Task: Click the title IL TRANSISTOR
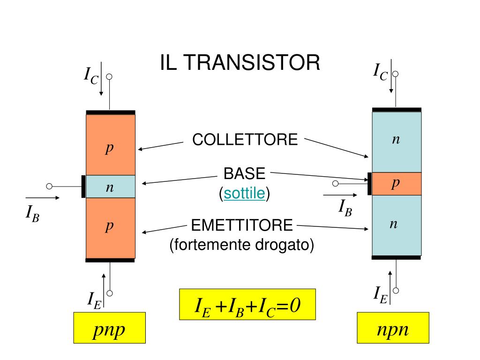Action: click(x=240, y=63)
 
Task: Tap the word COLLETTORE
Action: click(x=245, y=139)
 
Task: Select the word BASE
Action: click(x=244, y=174)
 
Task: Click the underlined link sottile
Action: click(x=244, y=193)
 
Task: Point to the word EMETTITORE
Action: click(x=242, y=225)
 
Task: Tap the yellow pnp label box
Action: click(x=109, y=328)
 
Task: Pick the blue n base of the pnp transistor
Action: click(x=111, y=187)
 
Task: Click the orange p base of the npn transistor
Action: click(x=397, y=184)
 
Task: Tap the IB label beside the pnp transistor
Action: click(x=32, y=214)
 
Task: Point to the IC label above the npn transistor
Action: click(x=380, y=72)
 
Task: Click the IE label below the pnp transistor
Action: click(x=94, y=300)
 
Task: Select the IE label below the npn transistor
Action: click(x=380, y=295)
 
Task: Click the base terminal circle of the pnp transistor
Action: click(x=49, y=186)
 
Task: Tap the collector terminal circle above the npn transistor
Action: click(x=396, y=74)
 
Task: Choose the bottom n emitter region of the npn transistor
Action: click(x=397, y=225)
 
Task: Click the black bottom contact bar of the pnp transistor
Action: click(x=111, y=260)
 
